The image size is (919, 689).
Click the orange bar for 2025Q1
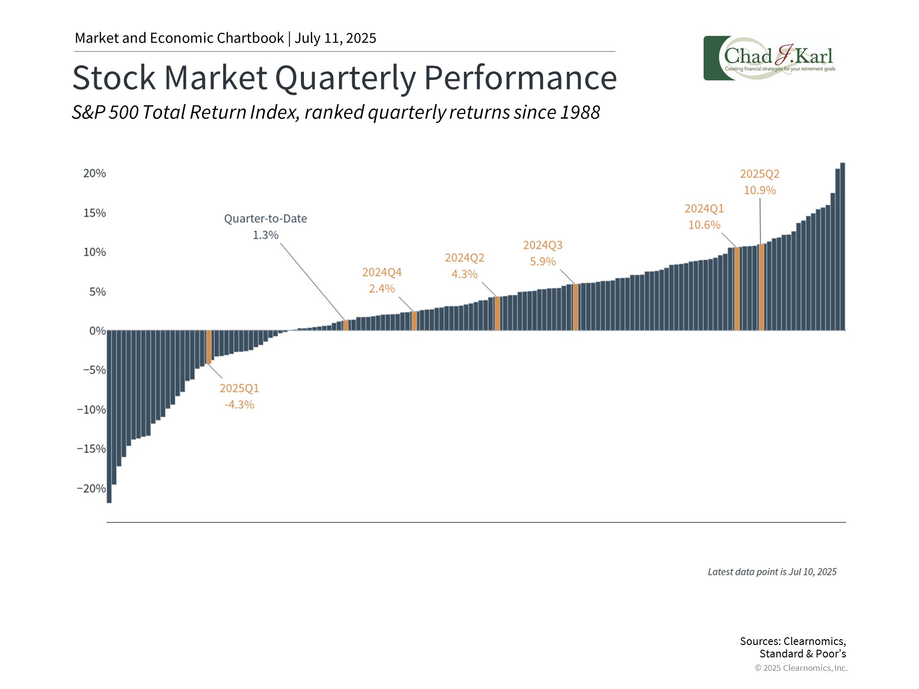tap(209, 347)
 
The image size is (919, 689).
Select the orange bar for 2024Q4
tap(414, 321)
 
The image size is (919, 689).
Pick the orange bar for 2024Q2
tap(497, 313)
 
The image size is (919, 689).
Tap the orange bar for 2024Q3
tap(576, 307)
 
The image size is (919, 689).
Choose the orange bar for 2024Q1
tap(737, 289)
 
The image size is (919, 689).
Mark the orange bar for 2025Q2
tap(762, 287)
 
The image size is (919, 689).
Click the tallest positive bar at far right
tap(842, 246)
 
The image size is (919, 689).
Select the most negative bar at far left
tap(109, 416)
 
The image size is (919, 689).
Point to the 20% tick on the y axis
tap(94, 173)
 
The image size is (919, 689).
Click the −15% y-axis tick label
tap(91, 449)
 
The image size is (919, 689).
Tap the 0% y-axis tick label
tap(97, 331)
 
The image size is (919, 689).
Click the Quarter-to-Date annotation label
tap(266, 219)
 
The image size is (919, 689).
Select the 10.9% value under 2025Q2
tap(760, 190)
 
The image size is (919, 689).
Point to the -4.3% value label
tap(239, 404)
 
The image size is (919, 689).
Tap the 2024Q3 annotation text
tap(543, 245)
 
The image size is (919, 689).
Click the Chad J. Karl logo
tap(769, 58)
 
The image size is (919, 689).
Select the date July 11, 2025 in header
tap(335, 38)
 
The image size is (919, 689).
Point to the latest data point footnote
tap(772, 572)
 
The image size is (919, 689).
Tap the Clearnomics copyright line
tap(801, 668)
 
